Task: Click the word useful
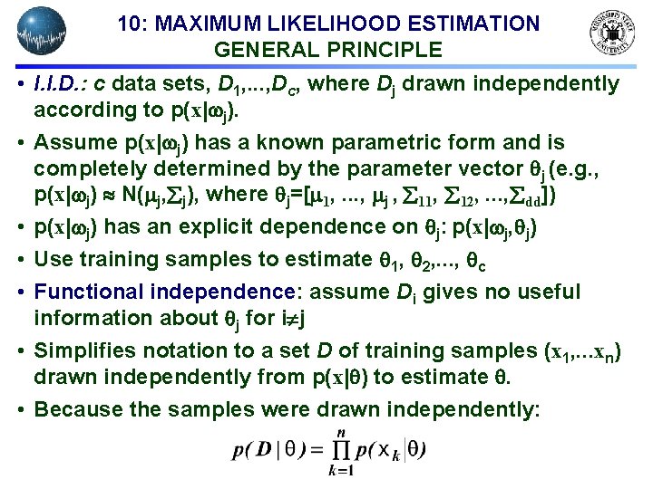point(541,292)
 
